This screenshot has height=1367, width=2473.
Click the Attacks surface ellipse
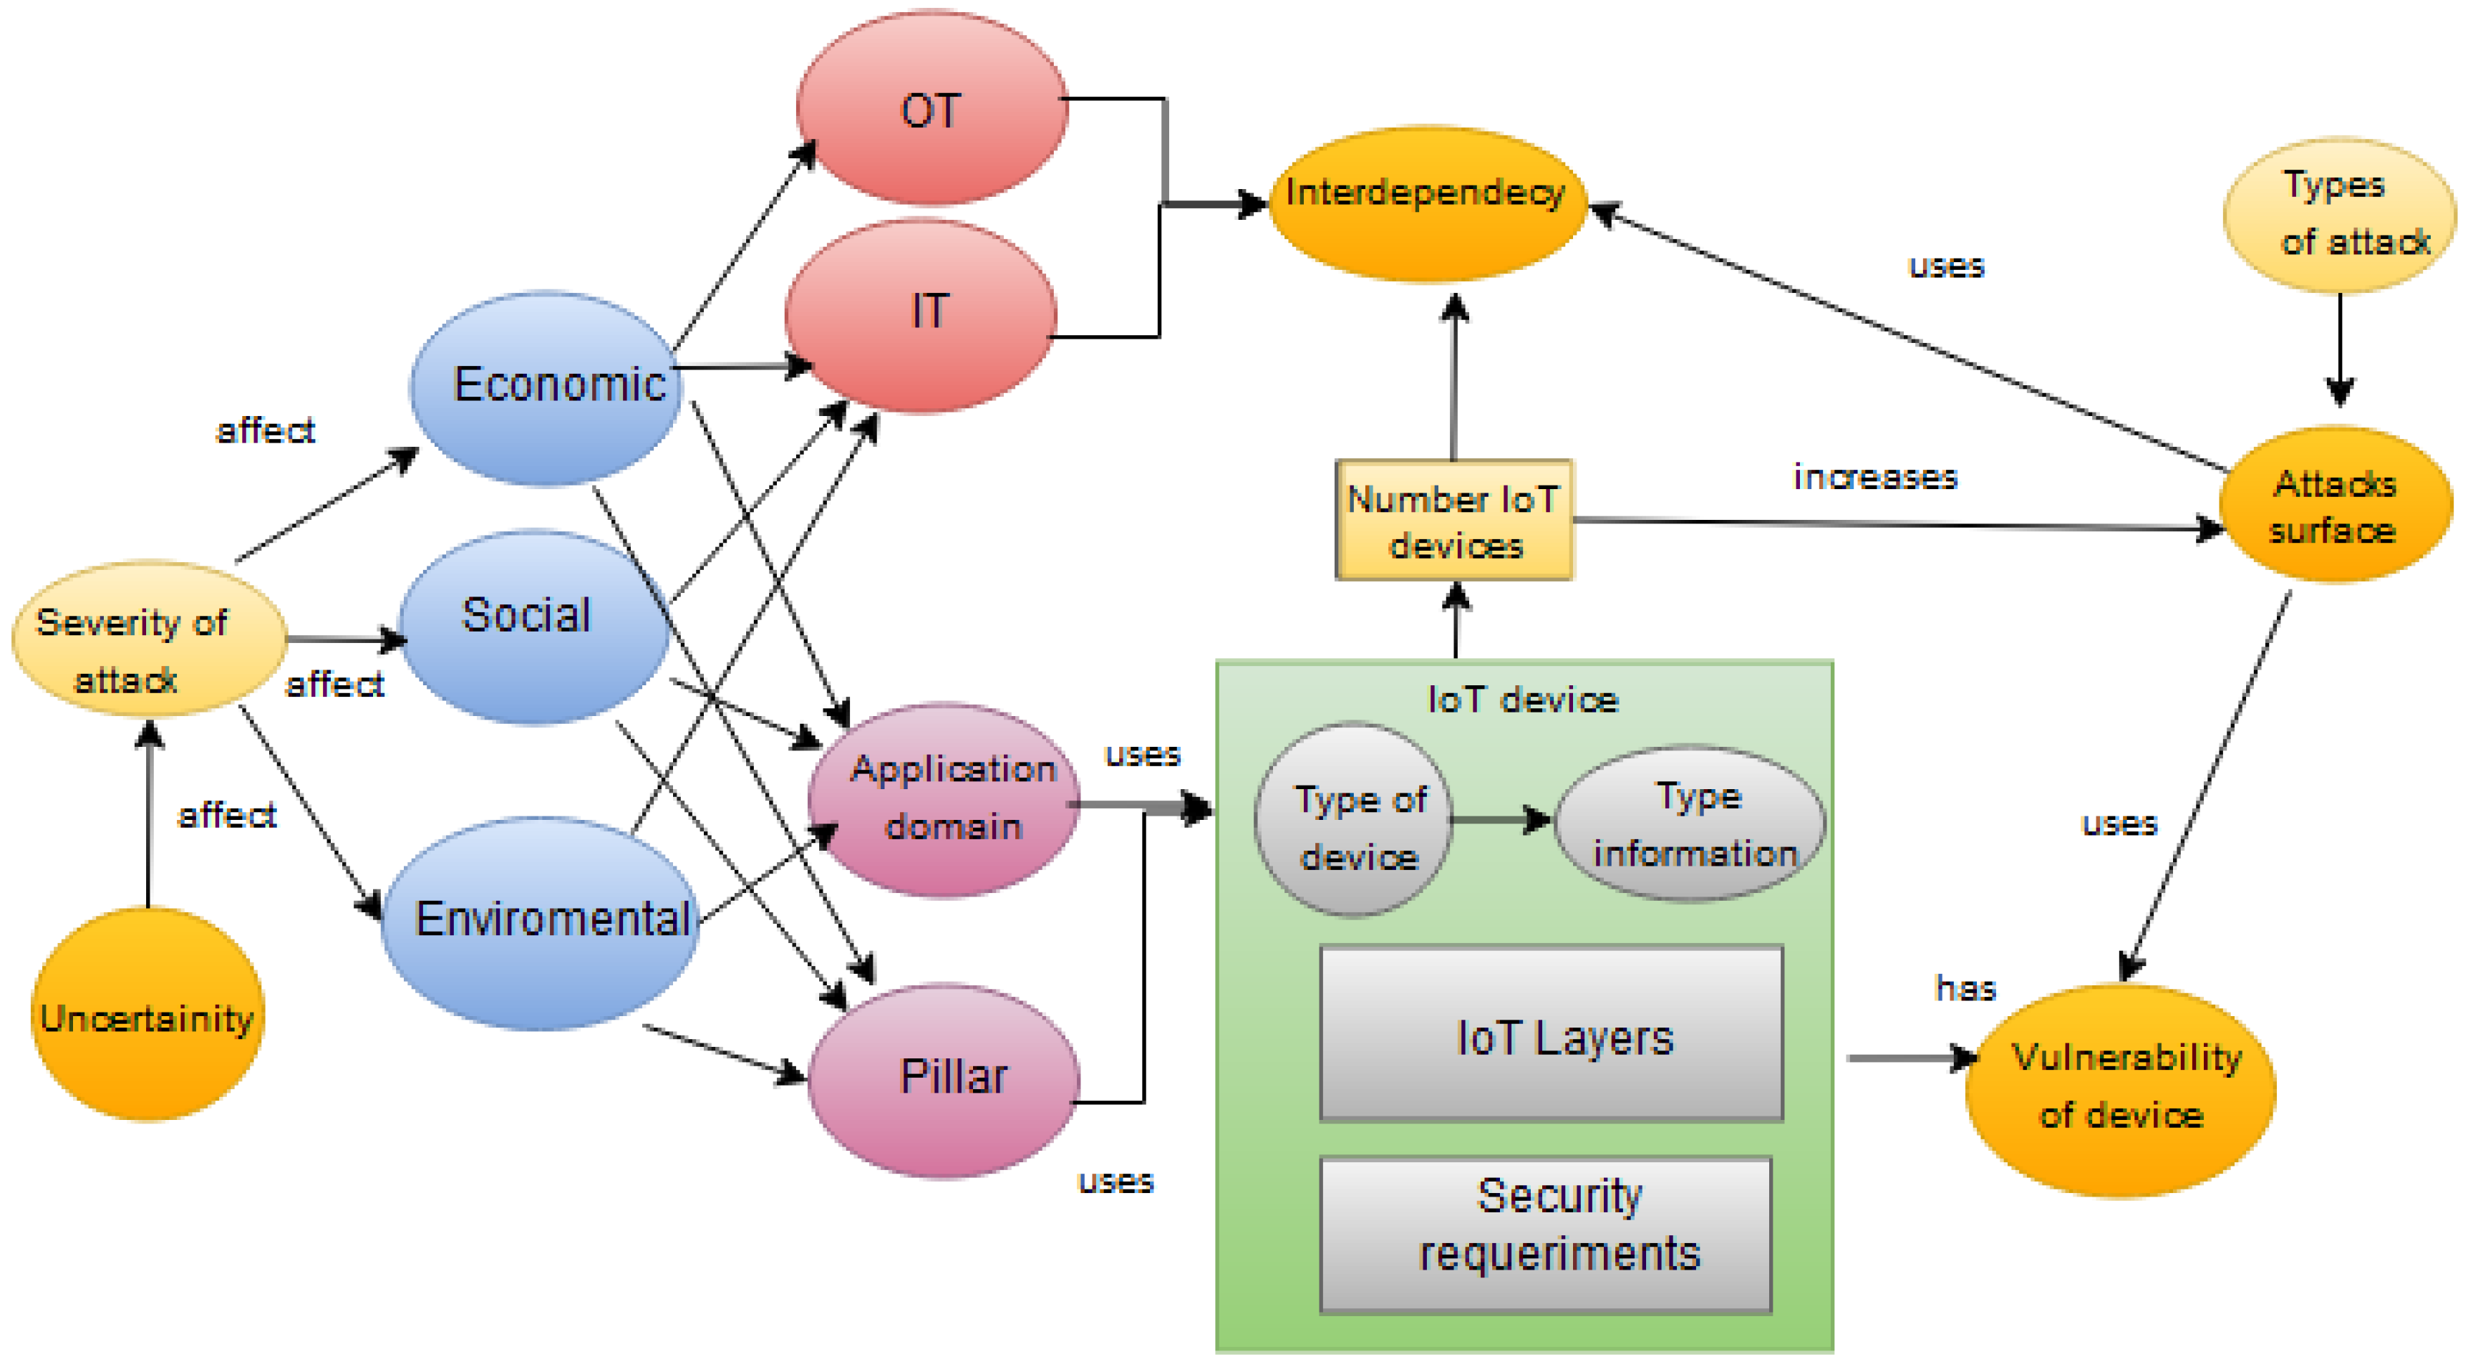(2335, 505)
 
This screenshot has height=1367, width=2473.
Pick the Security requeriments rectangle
(1546, 1234)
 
